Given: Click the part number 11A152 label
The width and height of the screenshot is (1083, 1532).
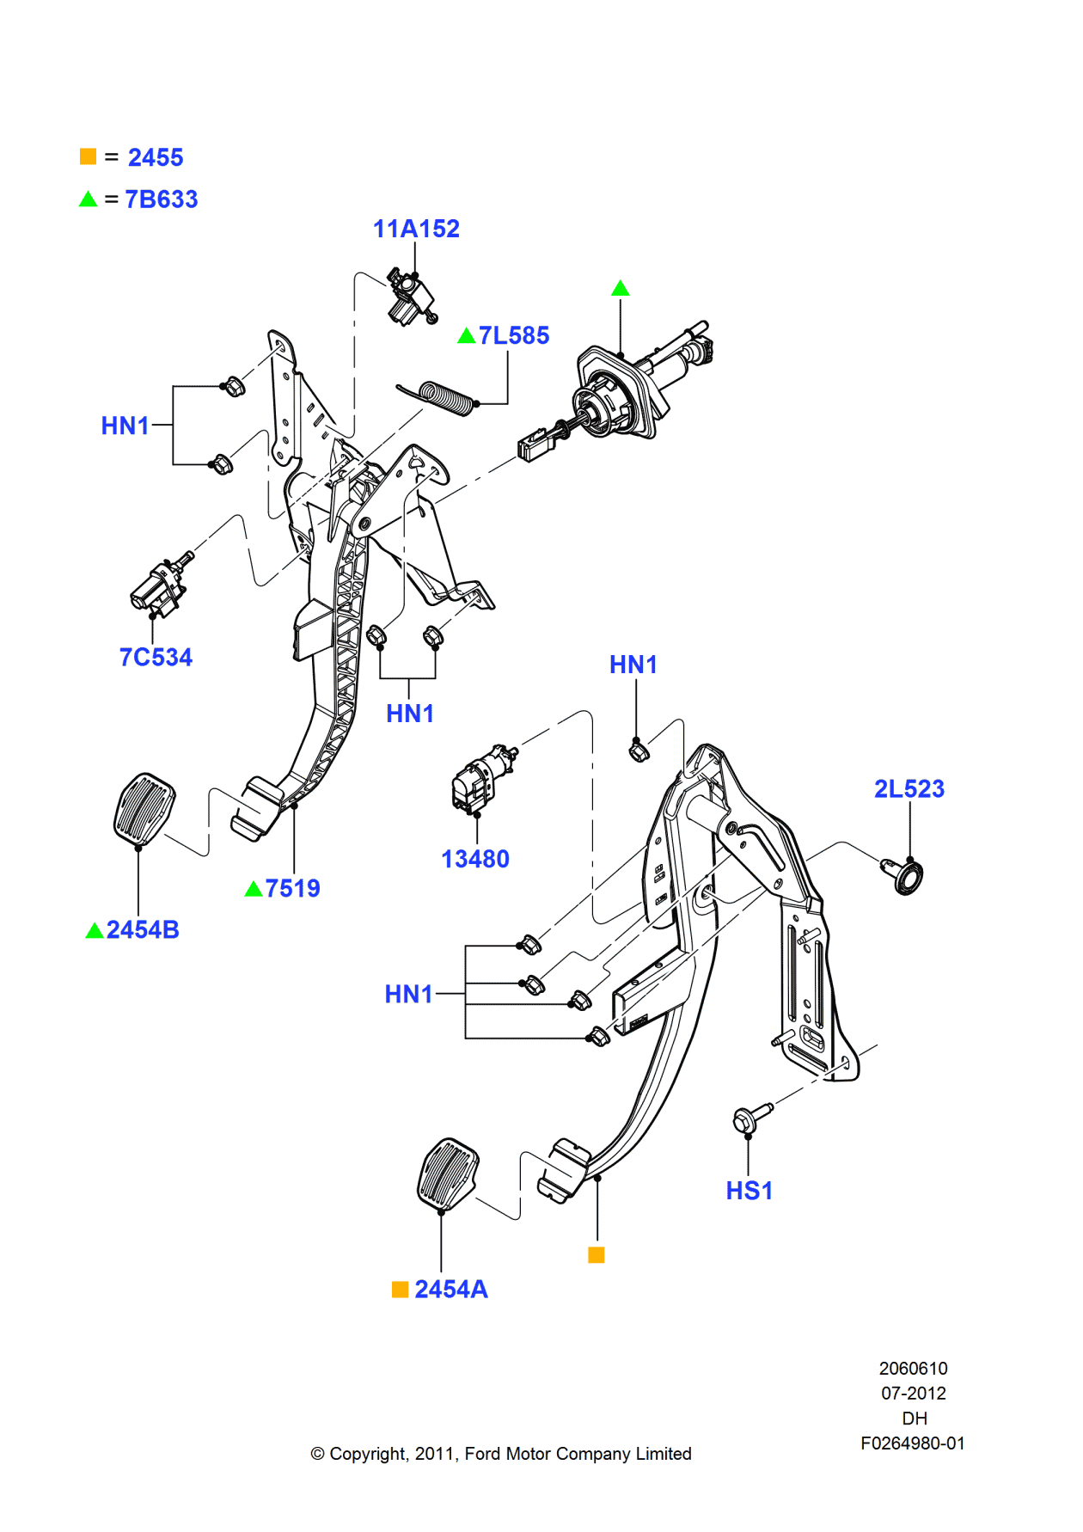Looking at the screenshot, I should [416, 229].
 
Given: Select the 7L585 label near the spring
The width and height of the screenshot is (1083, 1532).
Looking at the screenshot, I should [513, 335].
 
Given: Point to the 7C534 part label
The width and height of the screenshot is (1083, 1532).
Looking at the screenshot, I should [156, 657].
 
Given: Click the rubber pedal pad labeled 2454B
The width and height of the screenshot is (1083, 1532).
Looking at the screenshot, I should [144, 807].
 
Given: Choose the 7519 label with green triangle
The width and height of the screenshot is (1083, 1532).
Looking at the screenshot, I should [292, 888].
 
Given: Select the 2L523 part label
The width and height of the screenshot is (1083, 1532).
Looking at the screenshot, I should [909, 788].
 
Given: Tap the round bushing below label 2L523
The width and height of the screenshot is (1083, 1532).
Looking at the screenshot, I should [905, 877].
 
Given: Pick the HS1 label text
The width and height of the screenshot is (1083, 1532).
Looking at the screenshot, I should [749, 1191].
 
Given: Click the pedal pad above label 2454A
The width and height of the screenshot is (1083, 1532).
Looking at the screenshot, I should [447, 1174].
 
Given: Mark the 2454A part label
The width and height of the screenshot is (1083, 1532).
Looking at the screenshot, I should [450, 1289].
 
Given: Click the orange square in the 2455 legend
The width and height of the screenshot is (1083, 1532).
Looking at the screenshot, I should [88, 156].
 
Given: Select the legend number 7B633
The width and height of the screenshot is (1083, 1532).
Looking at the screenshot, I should [162, 199].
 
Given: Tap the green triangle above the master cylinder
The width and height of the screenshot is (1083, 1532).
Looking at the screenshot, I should [620, 289].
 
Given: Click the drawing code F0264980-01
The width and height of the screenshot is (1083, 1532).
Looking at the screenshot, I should [912, 1443].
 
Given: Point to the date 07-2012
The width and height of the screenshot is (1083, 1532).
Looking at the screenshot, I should [913, 1393].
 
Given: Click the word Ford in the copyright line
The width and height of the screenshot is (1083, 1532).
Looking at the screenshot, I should [482, 1454].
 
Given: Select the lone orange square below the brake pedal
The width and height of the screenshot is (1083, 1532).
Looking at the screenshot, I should [596, 1255].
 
